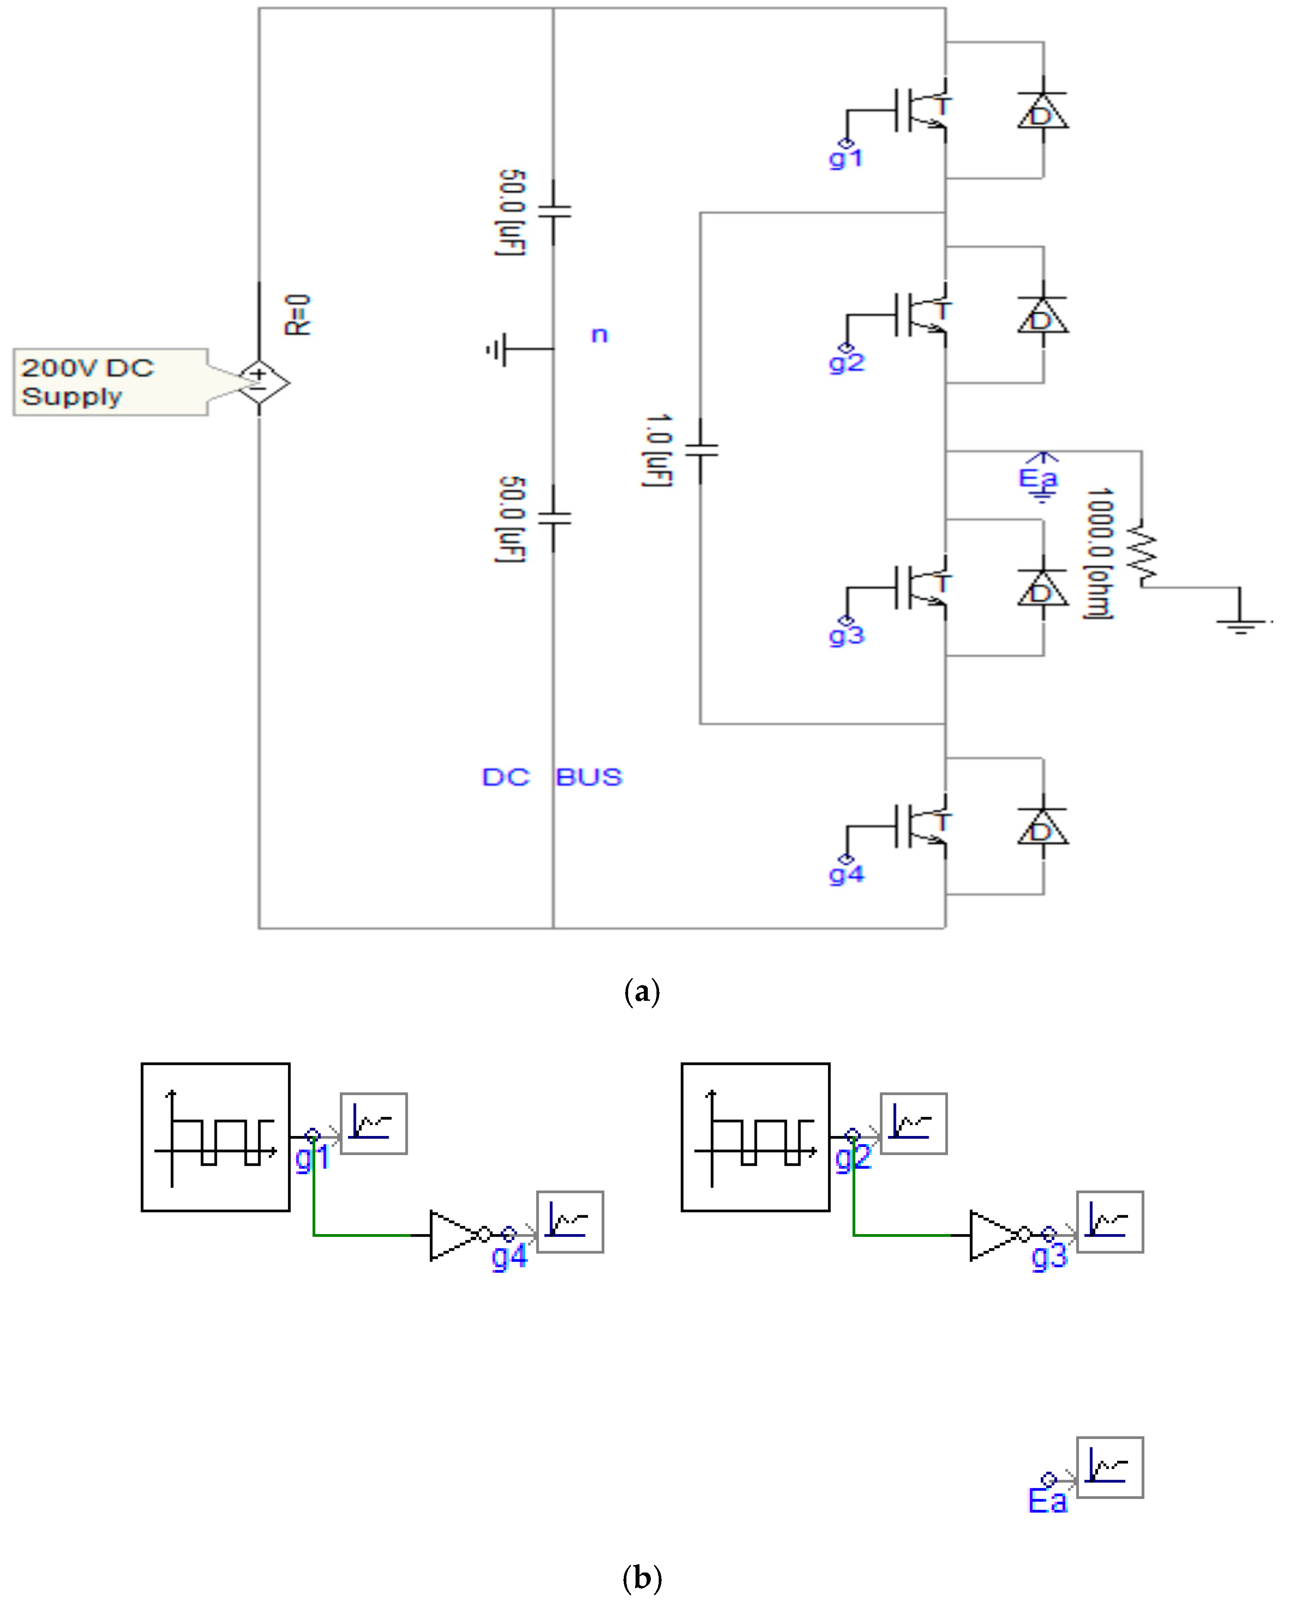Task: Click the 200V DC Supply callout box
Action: [110, 382]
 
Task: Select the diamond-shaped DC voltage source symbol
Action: [259, 382]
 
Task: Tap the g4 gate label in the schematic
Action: [846, 874]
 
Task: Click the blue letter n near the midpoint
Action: [599, 335]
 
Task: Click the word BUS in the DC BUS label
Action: [588, 778]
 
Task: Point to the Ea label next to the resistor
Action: [1038, 478]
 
